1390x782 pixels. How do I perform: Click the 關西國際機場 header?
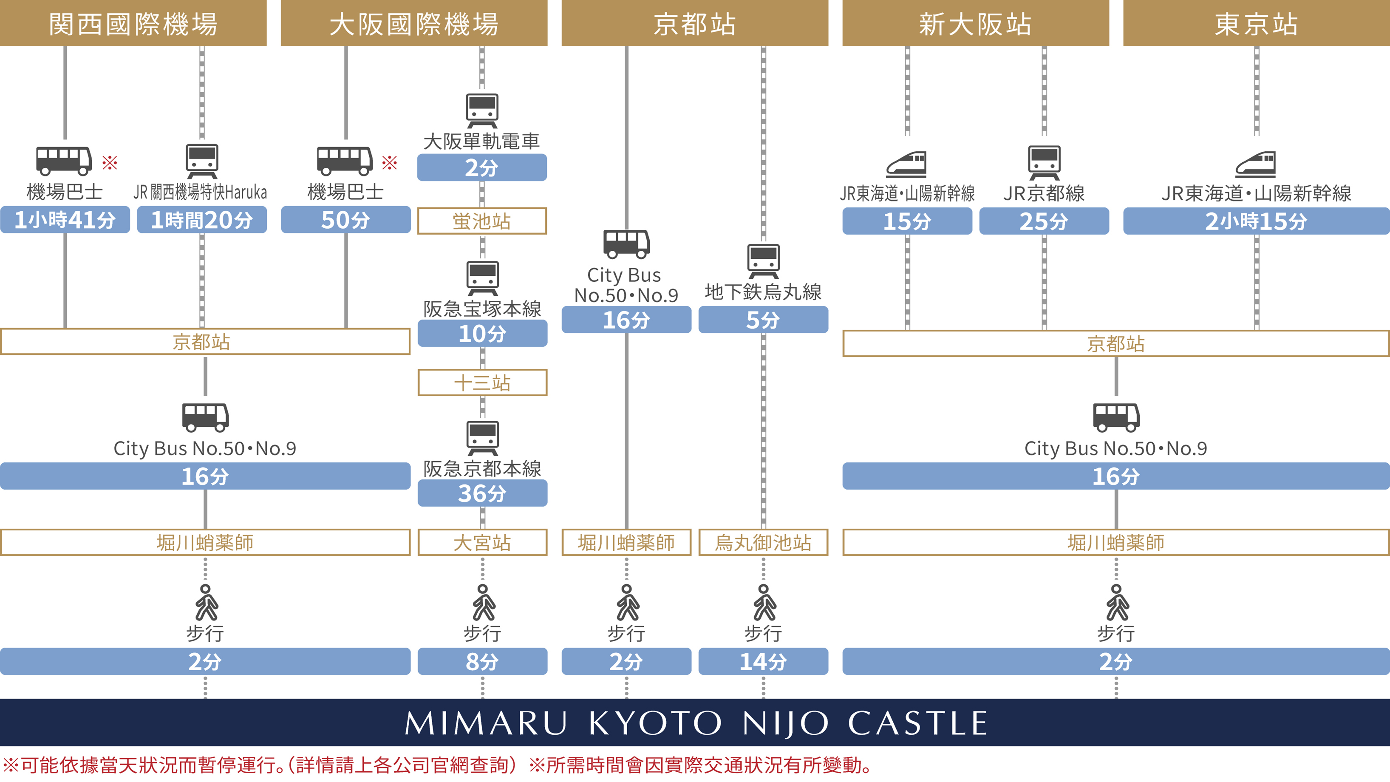133,23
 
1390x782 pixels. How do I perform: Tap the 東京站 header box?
1256,23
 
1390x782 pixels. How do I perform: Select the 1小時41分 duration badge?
65,220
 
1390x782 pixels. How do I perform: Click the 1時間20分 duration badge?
202,220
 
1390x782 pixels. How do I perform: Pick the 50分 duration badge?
345,220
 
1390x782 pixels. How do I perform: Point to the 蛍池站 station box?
482,221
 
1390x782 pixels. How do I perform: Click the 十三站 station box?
482,382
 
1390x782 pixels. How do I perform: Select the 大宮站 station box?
482,542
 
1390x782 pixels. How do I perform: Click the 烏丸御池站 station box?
763,542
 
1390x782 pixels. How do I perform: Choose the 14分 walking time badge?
763,662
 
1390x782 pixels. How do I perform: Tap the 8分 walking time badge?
482,662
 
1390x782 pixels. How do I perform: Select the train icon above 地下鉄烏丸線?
763,261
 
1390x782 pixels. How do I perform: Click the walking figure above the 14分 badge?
764,602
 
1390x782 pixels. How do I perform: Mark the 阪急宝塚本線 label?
482,309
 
